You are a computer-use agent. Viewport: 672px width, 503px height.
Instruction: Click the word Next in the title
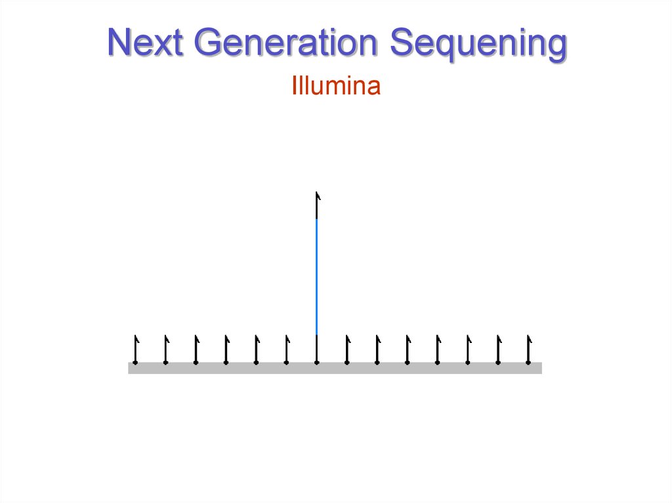tap(145, 43)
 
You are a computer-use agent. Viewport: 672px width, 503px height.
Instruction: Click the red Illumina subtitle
tap(336, 87)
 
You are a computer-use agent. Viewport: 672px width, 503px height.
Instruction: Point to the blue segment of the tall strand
tap(317, 275)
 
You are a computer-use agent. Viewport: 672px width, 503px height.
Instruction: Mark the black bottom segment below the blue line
tap(317, 346)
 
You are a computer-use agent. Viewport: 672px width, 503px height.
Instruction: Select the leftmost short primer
tap(135, 349)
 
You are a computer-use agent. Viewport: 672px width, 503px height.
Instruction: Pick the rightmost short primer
tap(528, 349)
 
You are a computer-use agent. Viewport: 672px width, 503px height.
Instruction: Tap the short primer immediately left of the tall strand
tap(287, 349)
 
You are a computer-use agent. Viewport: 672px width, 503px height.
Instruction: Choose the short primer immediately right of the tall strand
tap(347, 349)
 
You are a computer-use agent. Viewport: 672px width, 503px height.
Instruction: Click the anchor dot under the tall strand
tap(317, 362)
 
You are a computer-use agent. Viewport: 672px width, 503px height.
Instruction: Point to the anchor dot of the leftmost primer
tap(135, 362)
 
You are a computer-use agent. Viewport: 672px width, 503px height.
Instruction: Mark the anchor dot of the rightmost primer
tap(528, 362)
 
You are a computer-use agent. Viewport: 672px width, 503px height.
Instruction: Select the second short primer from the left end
tap(165, 349)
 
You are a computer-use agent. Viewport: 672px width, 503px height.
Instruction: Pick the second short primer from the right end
tap(498, 349)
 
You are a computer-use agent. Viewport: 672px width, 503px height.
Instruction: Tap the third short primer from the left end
tap(196, 349)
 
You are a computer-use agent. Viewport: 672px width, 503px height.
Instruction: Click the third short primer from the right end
tap(468, 349)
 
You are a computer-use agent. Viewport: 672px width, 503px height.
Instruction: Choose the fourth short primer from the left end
tap(226, 349)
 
